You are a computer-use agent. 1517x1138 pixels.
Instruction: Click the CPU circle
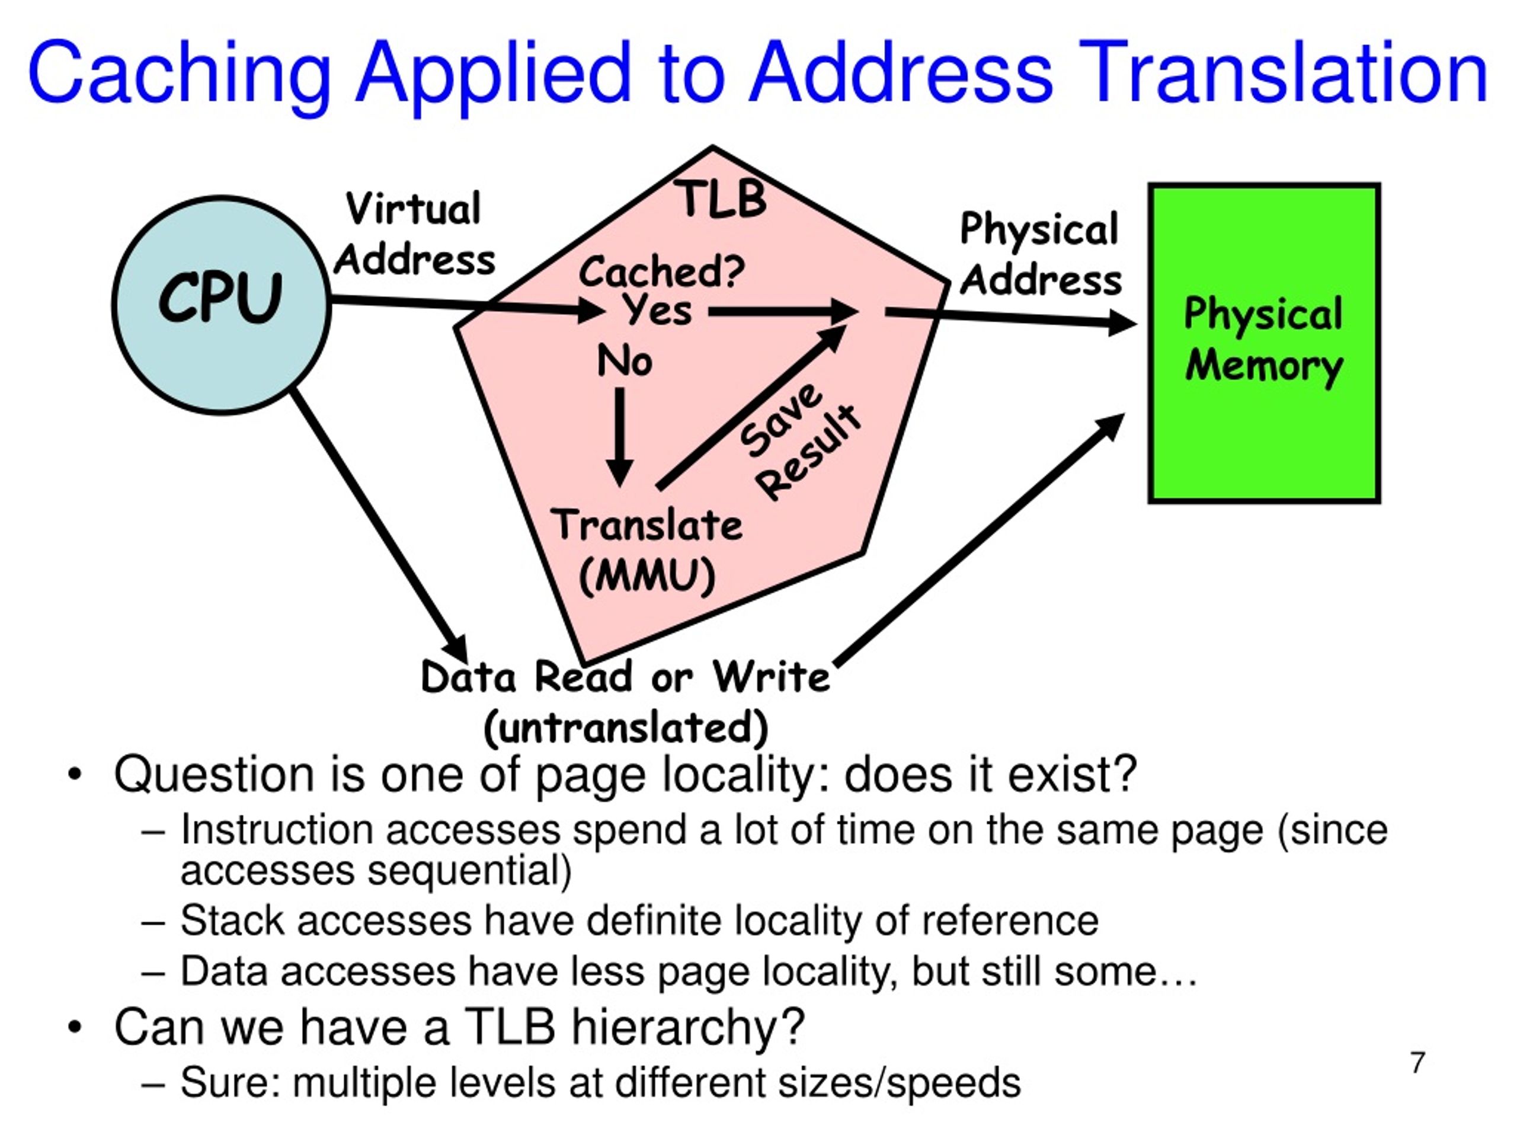coord(222,305)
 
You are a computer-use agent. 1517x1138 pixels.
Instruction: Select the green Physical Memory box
coord(1264,343)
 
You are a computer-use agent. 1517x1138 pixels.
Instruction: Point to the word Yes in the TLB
coord(658,310)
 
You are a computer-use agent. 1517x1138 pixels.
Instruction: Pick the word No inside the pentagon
coord(624,361)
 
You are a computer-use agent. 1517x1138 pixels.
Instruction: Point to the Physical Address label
coord(1041,254)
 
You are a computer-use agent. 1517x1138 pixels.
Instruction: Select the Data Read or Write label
coord(625,676)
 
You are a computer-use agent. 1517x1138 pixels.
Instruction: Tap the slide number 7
coord(1417,1063)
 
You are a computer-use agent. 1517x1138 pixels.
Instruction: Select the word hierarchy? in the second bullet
coord(688,1030)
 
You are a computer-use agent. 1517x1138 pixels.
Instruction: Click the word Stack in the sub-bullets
coord(232,920)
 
